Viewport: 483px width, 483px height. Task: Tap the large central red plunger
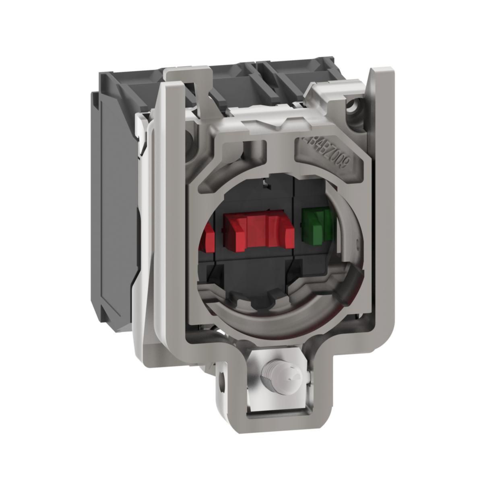(x=258, y=231)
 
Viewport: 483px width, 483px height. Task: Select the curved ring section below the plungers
(x=278, y=314)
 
